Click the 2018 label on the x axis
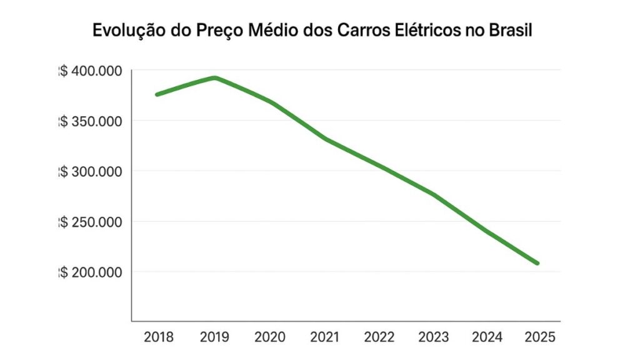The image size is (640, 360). (159, 337)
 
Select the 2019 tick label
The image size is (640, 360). (214, 337)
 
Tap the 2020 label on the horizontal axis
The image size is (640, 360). (269, 337)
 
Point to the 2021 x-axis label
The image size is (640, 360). (325, 337)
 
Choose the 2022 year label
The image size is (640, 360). (379, 337)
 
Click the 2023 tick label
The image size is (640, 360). (434, 337)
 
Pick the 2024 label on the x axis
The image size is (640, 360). (488, 337)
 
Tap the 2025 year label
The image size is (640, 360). (540, 337)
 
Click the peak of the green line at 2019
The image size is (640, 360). (214, 77)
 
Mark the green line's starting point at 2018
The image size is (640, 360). (157, 94)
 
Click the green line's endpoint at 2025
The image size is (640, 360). (537, 263)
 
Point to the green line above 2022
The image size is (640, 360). (379, 166)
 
